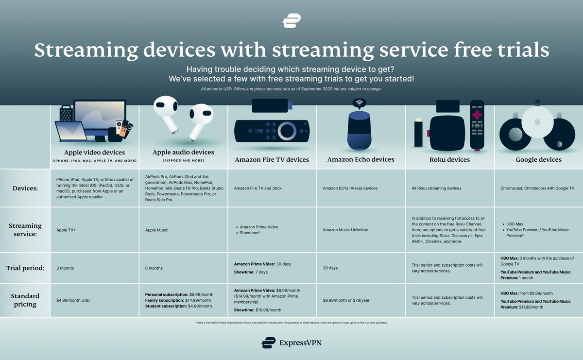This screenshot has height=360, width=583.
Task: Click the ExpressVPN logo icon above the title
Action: pos(291,21)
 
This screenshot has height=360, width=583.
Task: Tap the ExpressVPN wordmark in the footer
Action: pos(291,343)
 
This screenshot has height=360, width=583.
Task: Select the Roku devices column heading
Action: pos(450,159)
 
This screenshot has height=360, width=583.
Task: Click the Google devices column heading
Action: pos(538,159)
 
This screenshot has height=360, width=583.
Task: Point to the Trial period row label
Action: pos(25,268)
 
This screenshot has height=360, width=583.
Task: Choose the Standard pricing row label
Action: pos(25,300)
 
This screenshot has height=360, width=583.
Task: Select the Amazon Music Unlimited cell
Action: pos(345,230)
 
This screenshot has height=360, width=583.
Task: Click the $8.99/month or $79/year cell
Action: pos(346,300)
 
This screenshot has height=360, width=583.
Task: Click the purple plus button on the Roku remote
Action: pos(478,116)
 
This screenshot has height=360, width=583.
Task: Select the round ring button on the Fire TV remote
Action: pos(287,131)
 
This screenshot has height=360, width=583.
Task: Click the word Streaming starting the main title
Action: pos(79,51)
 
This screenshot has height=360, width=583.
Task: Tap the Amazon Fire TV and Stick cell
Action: pos(257,188)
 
